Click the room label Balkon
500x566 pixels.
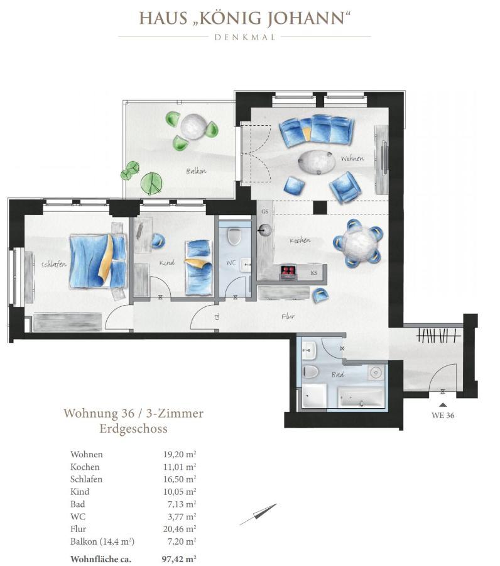pos(196,170)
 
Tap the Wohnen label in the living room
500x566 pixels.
pos(352,158)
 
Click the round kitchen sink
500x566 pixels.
pos(266,229)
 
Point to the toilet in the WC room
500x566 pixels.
pos(234,236)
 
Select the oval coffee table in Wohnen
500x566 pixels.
pos(317,162)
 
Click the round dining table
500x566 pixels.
pos(357,243)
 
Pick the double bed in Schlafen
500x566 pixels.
pos(98,262)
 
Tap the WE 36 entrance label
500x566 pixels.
pos(443,415)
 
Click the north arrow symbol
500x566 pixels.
pos(258,514)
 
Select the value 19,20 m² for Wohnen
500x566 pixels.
pos(180,455)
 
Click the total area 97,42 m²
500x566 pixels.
pos(179,559)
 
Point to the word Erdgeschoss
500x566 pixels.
pos(133,429)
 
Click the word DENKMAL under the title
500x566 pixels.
pos(245,37)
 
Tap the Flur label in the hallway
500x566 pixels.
pos(288,316)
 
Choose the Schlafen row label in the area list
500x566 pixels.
pos(87,479)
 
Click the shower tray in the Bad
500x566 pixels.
pos(314,396)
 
